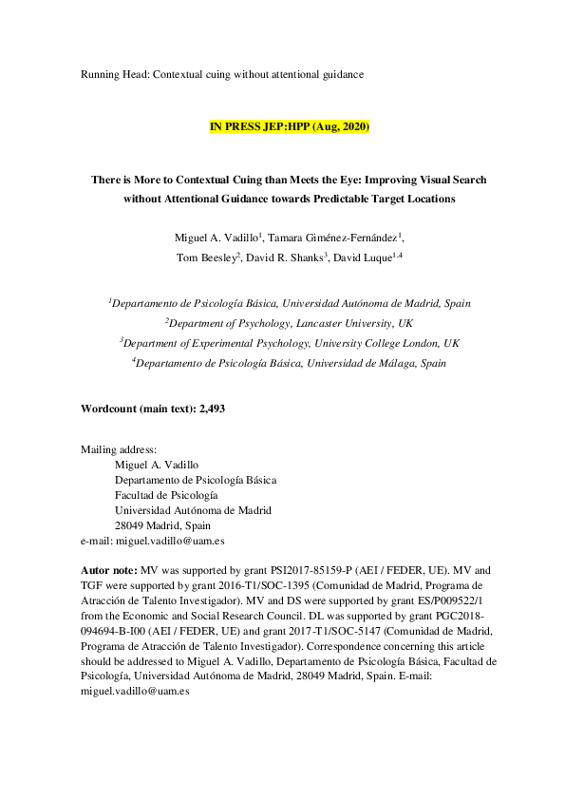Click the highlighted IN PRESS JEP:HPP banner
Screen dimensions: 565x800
pos(289,126)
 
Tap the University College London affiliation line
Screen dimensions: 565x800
pos(289,342)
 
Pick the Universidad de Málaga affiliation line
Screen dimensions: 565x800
pos(289,362)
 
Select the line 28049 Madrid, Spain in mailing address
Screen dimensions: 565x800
pos(162,525)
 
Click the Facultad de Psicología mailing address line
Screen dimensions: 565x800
pos(165,495)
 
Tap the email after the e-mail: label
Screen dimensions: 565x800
pos(171,541)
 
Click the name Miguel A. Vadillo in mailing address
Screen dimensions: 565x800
pos(157,465)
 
